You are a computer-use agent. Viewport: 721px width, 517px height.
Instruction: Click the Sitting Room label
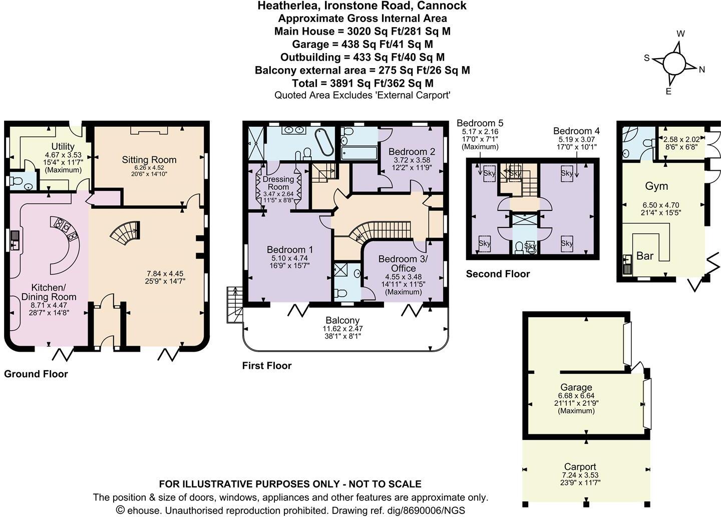(149, 160)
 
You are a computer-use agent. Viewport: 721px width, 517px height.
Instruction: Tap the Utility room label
(63, 147)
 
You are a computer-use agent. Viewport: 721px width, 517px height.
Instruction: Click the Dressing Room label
(278, 183)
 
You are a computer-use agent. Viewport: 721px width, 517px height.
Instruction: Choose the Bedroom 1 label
(290, 249)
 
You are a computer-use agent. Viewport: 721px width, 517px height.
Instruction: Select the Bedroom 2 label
(412, 151)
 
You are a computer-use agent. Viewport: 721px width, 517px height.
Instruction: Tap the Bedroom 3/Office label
(403, 264)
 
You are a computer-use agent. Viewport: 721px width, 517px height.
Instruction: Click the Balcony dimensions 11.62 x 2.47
(343, 329)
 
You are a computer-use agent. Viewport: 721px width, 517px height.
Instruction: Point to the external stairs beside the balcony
(235, 305)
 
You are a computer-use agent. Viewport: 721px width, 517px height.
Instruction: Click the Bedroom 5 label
(480, 123)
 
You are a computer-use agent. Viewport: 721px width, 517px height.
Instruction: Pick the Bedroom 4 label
(576, 131)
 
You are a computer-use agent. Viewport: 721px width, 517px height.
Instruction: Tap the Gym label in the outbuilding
(656, 186)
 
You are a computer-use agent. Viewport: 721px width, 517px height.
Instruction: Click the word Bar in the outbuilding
(645, 256)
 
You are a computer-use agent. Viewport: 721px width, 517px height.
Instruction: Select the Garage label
(576, 387)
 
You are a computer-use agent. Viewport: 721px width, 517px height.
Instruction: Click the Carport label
(580, 466)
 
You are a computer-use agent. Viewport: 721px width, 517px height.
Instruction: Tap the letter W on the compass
(681, 34)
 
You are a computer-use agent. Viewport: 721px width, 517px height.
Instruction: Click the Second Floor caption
(498, 274)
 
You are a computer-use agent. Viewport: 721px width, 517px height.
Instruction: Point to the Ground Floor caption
(36, 374)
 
